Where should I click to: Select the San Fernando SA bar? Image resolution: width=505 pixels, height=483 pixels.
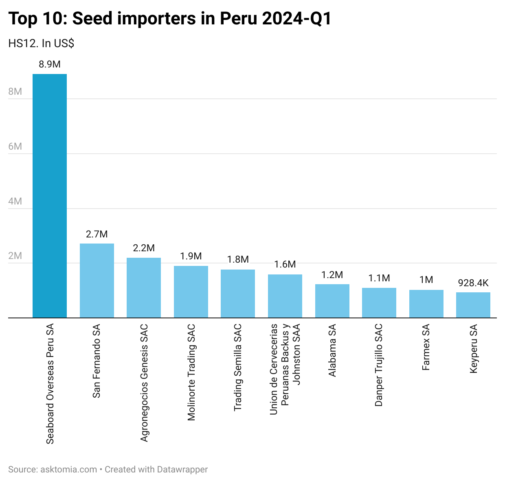(x=97, y=281)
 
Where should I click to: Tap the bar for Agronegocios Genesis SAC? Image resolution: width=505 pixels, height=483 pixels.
(x=144, y=287)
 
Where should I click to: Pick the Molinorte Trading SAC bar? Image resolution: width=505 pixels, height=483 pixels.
(x=191, y=292)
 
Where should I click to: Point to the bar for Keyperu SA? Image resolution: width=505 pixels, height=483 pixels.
(x=473, y=305)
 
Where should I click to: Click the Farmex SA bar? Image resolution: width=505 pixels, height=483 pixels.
(x=426, y=304)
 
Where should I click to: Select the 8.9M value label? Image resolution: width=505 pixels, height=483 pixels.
(x=50, y=64)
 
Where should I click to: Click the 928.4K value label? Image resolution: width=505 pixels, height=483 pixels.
(x=473, y=283)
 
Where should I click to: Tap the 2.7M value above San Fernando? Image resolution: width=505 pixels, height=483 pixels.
(x=97, y=234)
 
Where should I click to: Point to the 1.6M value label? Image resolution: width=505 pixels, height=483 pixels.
(x=285, y=264)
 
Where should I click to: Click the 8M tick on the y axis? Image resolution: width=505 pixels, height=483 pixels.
(x=15, y=91)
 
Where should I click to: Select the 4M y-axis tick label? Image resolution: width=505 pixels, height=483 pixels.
(x=15, y=201)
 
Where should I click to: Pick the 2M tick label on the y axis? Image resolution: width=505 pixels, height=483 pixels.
(x=15, y=256)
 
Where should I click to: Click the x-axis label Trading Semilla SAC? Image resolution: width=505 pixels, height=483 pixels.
(x=238, y=368)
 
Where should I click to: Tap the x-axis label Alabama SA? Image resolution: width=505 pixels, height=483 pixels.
(x=332, y=350)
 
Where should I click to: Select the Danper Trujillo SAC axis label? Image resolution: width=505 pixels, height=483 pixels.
(x=379, y=365)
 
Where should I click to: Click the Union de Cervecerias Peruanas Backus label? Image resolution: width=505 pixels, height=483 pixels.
(x=285, y=369)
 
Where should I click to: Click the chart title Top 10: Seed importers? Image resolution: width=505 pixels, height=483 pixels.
(x=170, y=19)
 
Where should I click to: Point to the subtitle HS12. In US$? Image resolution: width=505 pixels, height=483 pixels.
(x=41, y=44)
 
